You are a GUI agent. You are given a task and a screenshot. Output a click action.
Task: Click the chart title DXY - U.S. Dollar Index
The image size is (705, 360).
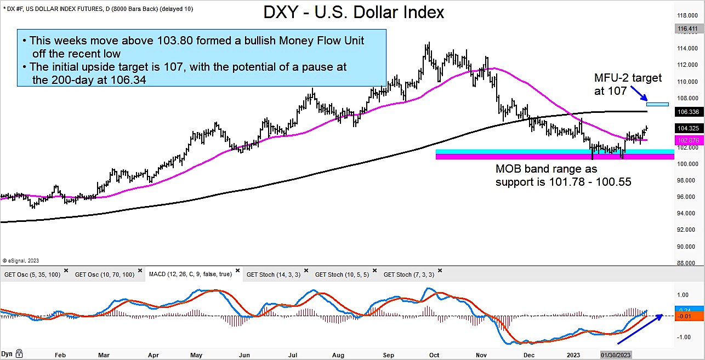click(x=354, y=13)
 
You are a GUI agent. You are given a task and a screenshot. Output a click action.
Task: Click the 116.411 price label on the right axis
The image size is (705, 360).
click(x=691, y=28)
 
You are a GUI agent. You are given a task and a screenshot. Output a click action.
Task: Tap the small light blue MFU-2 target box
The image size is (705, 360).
click(x=657, y=104)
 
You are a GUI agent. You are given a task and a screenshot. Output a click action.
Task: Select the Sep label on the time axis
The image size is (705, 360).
click(x=389, y=355)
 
